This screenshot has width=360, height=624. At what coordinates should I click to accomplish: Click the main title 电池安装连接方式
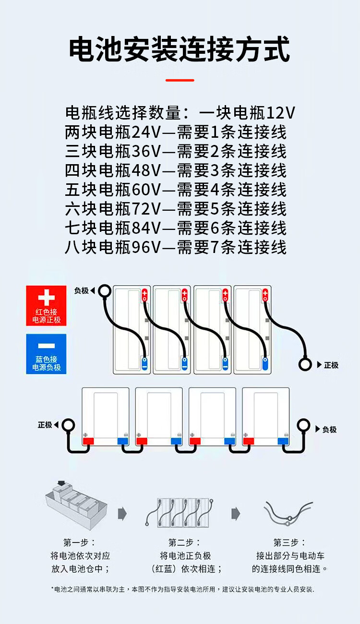(180, 50)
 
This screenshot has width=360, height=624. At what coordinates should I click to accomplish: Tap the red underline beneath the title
(180, 80)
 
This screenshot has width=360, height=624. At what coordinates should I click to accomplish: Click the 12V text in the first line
(280, 113)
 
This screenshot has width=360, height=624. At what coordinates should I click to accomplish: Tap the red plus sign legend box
(46, 306)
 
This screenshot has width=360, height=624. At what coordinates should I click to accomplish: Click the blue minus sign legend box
(46, 354)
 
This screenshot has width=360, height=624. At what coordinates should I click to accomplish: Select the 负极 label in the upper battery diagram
(81, 290)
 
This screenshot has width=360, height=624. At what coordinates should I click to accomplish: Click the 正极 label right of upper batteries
(331, 365)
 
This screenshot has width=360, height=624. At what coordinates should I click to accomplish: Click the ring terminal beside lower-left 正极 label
(68, 425)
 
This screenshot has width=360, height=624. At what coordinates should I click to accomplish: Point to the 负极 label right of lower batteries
(329, 429)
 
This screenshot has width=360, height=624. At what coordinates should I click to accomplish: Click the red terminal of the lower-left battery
(88, 441)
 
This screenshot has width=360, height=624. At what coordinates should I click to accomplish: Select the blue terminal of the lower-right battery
(283, 441)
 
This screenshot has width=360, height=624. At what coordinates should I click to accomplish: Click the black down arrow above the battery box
(61, 483)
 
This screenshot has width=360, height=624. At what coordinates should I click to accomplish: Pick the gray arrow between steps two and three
(236, 514)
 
